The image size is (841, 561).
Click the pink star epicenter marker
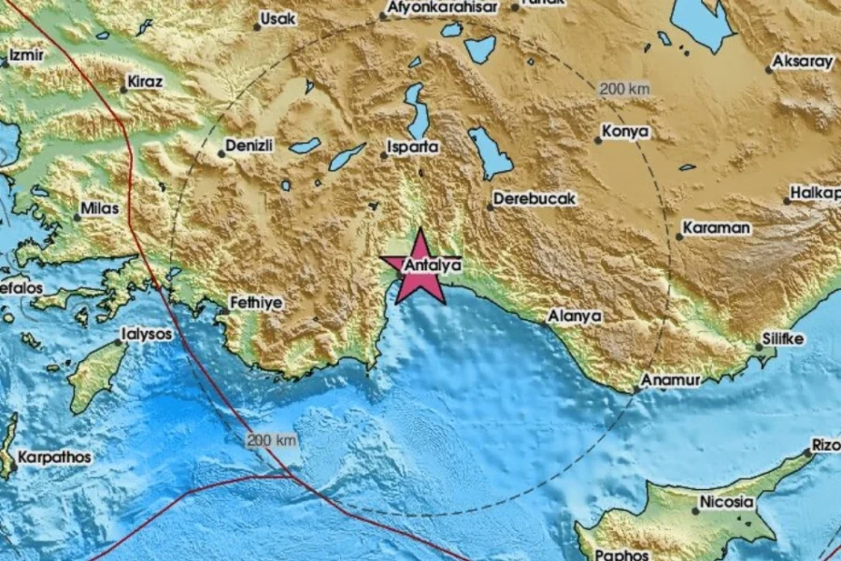[414, 267]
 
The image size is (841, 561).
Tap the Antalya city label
[432, 266]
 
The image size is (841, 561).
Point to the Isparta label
[414, 147]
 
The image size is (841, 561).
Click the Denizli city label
[250, 146]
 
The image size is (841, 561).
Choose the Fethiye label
[257, 303]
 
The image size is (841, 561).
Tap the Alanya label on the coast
[575, 317]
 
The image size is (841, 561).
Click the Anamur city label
[669, 381]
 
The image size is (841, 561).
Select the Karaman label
[717, 227]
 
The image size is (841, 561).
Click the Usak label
[278, 18]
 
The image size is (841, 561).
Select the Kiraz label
[147, 81]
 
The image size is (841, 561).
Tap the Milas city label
[102, 209]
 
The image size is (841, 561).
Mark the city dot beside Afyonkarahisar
[382, 16]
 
